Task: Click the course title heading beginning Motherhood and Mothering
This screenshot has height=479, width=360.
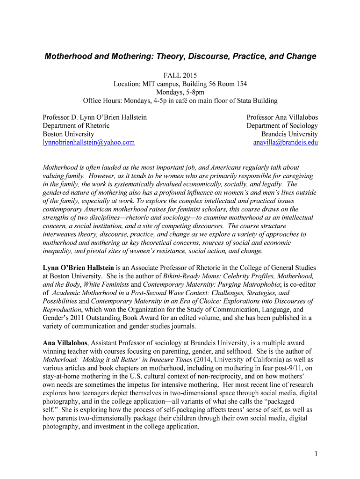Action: coord(180,57)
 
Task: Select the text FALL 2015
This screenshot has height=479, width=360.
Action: coord(180,75)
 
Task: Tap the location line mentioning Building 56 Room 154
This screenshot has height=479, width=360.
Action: coord(180,84)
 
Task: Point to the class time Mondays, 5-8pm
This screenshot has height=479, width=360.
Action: coord(180,92)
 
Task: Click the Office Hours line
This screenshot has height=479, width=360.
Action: coord(180,101)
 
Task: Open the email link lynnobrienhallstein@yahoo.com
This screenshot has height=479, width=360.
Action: coord(88,142)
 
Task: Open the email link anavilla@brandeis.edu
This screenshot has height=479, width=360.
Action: coord(285,142)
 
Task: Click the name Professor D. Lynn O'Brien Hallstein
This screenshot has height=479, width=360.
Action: coord(94,117)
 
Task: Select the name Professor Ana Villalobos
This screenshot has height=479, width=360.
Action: coord(282,117)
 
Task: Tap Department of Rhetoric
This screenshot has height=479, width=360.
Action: coord(76,125)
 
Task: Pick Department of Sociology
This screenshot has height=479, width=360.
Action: coord(282,125)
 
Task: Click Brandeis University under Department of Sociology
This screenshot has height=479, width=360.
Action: coord(289,134)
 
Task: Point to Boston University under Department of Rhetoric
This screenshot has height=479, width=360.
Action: coord(68,134)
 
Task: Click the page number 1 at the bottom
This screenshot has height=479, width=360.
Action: coord(316,453)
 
